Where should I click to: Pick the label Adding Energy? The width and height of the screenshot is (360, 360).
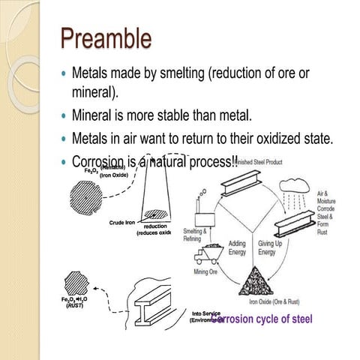237,247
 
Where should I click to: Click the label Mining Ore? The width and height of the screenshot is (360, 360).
206,271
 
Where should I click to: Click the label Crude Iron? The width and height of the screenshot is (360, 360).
121,223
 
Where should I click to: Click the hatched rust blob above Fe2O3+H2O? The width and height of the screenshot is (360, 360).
76,285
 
